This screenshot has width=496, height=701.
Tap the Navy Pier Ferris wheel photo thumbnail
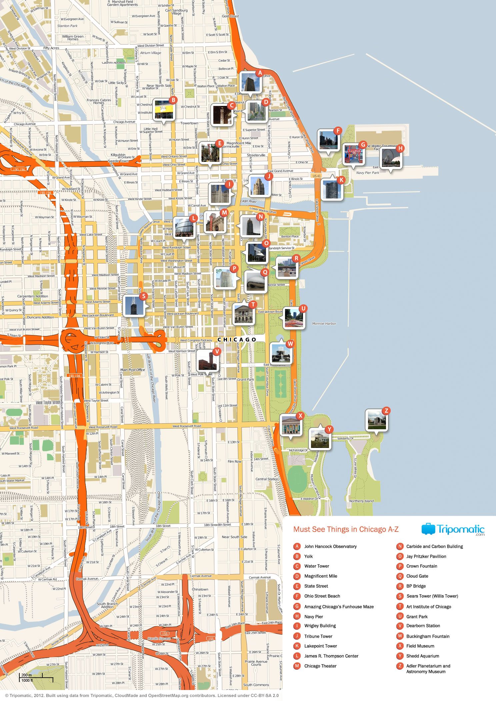pyautogui.click(x=391, y=159)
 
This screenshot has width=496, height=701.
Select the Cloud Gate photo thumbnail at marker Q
pyautogui.click(x=255, y=282)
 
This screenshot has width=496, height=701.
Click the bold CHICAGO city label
pyautogui.click(x=237, y=339)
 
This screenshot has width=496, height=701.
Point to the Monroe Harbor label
pyautogui.click(x=324, y=323)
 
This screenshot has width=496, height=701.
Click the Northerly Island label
pyautogui.click(x=361, y=501)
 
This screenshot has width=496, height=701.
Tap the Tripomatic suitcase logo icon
pyautogui.click(x=428, y=529)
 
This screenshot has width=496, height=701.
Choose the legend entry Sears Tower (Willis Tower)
pyautogui.click(x=432, y=596)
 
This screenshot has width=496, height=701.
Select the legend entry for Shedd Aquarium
pyautogui.click(x=422, y=656)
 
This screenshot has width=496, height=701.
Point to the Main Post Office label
pyautogui.click(x=132, y=370)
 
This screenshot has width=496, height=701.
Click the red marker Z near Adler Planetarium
pyautogui.click(x=386, y=411)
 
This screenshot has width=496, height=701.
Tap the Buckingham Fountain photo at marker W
pyautogui.click(x=281, y=353)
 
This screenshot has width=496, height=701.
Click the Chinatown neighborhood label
pyautogui.click(x=200, y=589)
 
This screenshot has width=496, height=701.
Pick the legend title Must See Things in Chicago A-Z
pyautogui.click(x=346, y=529)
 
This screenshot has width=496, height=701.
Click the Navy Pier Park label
pyautogui.click(x=368, y=173)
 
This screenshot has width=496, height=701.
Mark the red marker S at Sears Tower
pyautogui.click(x=143, y=296)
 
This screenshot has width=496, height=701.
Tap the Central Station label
pyautogui.click(x=267, y=479)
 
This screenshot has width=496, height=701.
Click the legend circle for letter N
pyautogui.click(x=400, y=546)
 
